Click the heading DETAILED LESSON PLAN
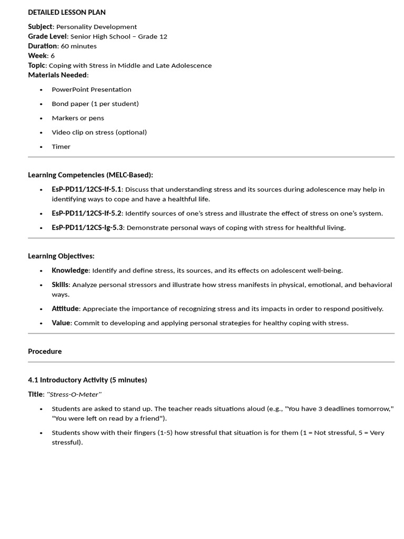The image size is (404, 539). [67, 12]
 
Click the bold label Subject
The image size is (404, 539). [41, 27]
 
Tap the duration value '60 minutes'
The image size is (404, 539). [79, 46]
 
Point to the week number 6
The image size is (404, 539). [53, 56]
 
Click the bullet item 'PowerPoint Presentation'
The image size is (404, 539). [92, 89]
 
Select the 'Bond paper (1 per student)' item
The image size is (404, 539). [95, 104]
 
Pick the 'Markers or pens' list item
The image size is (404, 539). [78, 118]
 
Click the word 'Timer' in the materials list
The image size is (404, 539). [61, 147]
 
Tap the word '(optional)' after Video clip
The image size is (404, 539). [131, 132]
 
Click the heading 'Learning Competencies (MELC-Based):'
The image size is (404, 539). [90, 175]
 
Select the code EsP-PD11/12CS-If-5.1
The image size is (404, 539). [86, 189]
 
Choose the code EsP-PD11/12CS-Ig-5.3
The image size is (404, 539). [87, 228]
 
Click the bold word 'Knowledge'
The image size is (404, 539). [70, 271]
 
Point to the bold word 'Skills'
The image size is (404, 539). [60, 285]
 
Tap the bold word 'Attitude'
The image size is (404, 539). [65, 309]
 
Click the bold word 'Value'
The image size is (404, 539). [61, 323]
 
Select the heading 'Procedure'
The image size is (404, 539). [45, 352]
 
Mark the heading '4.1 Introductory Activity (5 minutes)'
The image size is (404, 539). [87, 380]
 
